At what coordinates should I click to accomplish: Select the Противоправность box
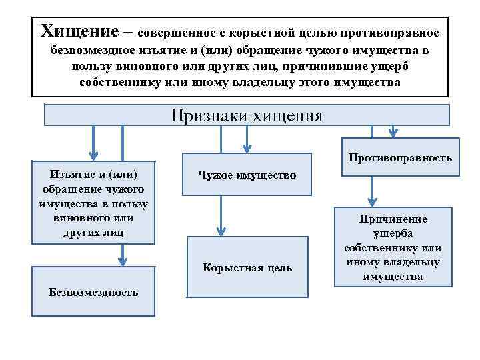pyautogui.click(x=400, y=158)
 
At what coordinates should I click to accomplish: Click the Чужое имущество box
pyautogui.click(x=247, y=175)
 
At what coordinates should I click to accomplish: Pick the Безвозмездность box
pyautogui.click(x=94, y=291)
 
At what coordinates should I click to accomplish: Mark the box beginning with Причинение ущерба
pyautogui.click(x=393, y=247)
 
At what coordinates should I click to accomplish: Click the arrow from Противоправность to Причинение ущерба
pyautogui.click(x=373, y=191)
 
